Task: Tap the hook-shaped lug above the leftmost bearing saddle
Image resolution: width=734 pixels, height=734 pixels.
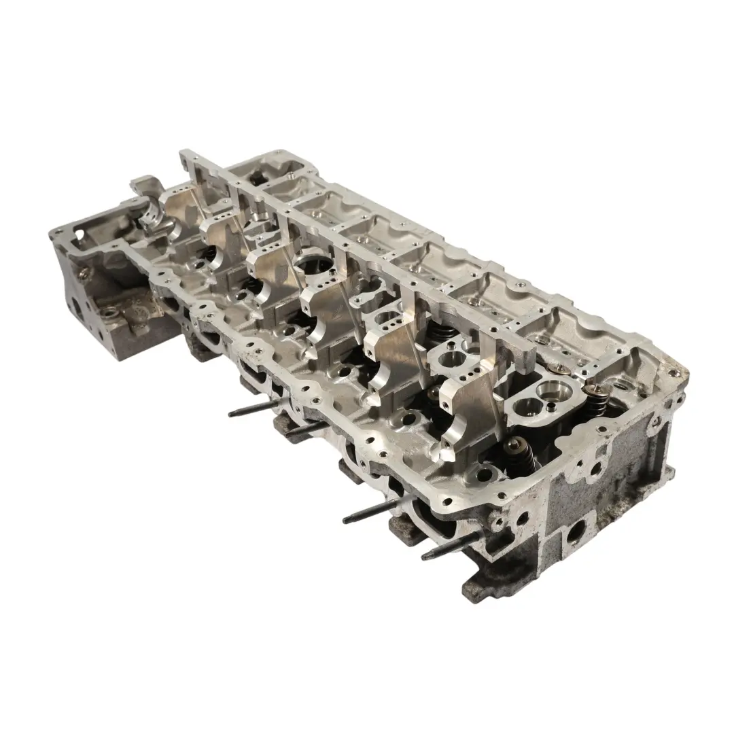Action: (x=144, y=185)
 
